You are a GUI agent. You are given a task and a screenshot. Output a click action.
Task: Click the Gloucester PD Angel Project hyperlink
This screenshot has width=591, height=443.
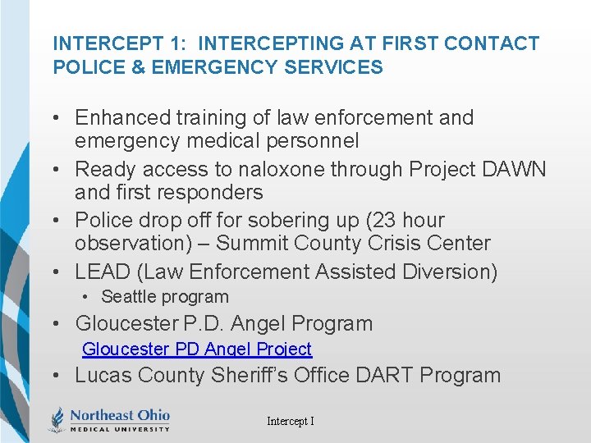point(197,349)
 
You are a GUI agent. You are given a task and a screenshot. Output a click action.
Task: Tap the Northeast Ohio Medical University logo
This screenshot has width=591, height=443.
point(109,418)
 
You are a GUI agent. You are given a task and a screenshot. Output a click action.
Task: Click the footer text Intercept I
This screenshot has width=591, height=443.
point(290,421)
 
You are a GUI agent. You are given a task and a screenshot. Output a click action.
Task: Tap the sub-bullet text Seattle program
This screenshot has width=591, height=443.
point(164,297)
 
